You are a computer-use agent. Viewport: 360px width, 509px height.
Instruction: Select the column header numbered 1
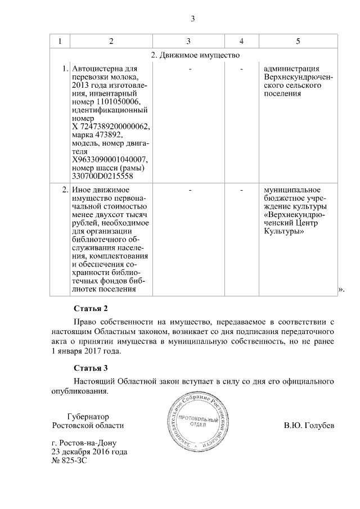pyautogui.click(x=60, y=41)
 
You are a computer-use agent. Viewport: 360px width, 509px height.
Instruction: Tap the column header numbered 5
pyautogui.click(x=298, y=41)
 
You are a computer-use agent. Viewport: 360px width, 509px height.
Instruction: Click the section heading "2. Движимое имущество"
pyautogui.click(x=196, y=55)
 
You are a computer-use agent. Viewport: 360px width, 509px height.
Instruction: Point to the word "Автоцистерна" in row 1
pyautogui.click(x=97, y=69)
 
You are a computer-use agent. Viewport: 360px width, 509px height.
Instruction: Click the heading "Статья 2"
pyautogui.click(x=90, y=309)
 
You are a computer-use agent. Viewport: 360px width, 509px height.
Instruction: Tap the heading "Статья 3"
pyautogui.click(x=90, y=368)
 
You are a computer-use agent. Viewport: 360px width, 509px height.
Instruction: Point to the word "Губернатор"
pyautogui.click(x=87, y=417)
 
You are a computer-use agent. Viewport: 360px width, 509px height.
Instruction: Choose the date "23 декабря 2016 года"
pyautogui.click(x=89, y=451)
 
